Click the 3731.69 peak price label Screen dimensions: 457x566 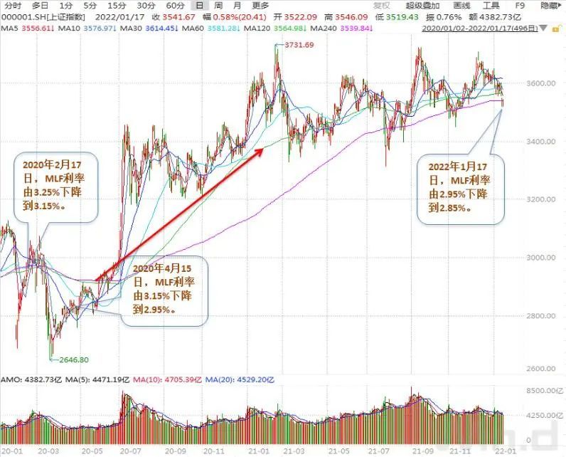point(299,45)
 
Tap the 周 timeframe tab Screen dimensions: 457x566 point(217,6)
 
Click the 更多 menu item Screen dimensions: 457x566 point(260,6)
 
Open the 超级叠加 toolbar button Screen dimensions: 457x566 point(420,6)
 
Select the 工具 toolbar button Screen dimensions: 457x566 point(491,6)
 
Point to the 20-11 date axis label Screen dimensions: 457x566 point(214,451)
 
